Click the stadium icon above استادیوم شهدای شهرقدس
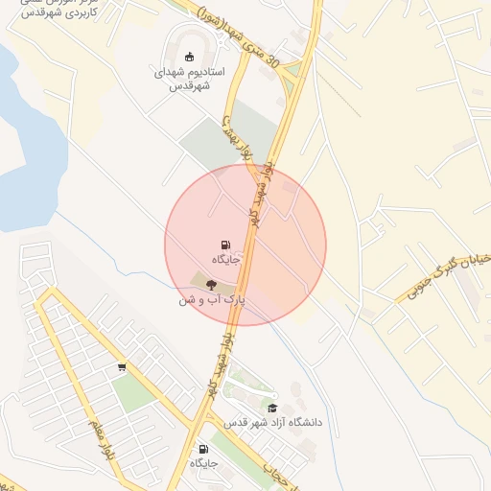click(189, 56)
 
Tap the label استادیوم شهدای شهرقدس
click(189, 78)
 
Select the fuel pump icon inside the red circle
click(226, 245)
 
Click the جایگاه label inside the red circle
click(226, 260)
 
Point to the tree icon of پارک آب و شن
click(211, 283)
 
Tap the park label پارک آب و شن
click(211, 299)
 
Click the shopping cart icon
click(122, 367)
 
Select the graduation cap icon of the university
click(272, 408)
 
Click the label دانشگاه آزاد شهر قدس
click(273, 422)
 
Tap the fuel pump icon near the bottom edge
click(202, 449)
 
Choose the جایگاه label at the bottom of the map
click(203, 463)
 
